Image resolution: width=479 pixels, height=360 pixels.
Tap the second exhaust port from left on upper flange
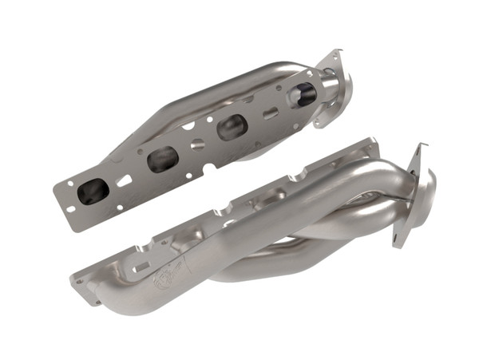coord(163,158)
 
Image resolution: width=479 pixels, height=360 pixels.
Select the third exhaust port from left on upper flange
coord(232,127)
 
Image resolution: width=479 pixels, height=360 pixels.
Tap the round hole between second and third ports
coord(196,144)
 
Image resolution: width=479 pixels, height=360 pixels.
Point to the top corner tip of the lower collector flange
coord(418,146)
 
